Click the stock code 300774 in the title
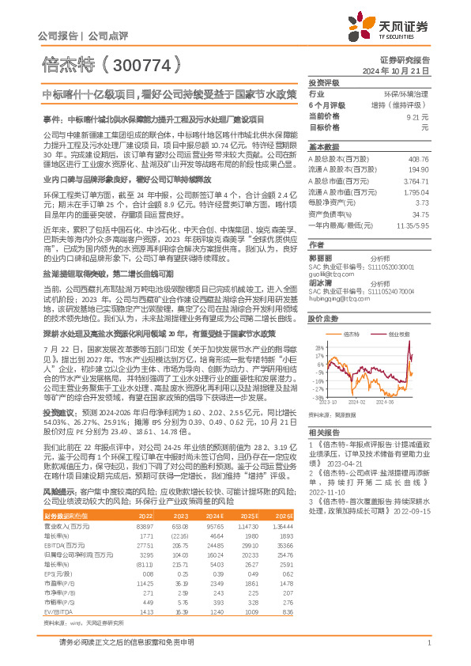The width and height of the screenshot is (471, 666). tap(138, 65)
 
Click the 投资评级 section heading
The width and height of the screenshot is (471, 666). tap(324, 82)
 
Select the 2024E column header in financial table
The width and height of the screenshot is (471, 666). tap(216, 516)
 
